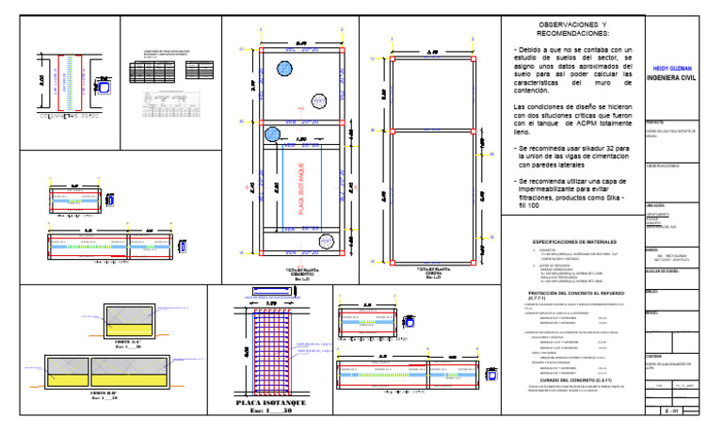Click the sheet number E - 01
(x=670, y=411)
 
